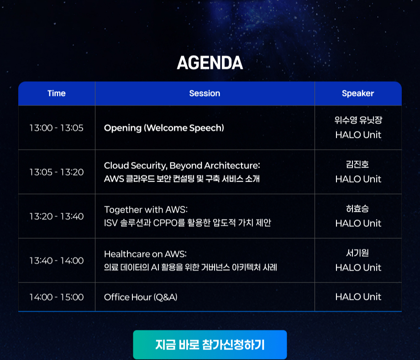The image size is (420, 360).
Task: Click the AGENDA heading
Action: (210, 63)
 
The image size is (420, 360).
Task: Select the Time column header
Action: (57, 94)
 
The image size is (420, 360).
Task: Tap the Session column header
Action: (205, 94)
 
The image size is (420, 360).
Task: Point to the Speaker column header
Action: (358, 94)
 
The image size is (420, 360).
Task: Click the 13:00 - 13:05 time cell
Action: (57, 128)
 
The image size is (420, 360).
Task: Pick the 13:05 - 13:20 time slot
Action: (57, 172)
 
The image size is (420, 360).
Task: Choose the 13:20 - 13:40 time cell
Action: (57, 216)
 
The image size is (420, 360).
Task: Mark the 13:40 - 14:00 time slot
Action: (57, 261)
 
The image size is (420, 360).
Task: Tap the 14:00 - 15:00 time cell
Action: (57, 297)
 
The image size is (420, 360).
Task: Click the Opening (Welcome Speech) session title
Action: (164, 128)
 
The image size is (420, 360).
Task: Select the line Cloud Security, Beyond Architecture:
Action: (182, 166)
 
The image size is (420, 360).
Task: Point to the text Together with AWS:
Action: (146, 209)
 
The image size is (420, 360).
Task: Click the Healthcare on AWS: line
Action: (145, 254)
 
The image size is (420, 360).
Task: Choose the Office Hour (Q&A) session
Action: (141, 297)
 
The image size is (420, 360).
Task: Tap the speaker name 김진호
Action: (357, 164)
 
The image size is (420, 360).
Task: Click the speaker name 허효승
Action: (357, 209)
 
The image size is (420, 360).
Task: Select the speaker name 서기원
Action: (357, 253)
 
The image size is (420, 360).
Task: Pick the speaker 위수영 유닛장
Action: (358, 120)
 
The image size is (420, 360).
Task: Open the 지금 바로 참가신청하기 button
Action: (210, 345)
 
